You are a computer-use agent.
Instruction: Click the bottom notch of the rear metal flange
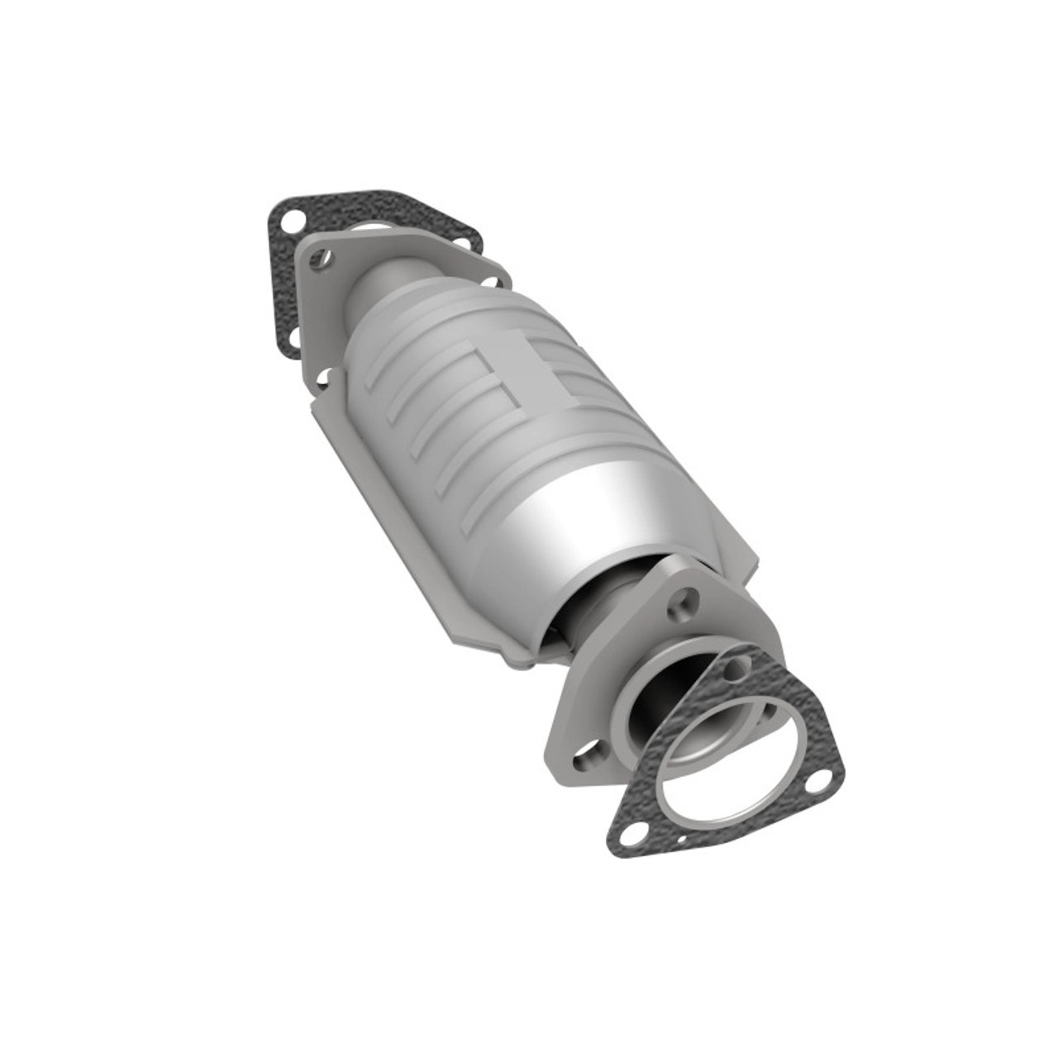(325, 379)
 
